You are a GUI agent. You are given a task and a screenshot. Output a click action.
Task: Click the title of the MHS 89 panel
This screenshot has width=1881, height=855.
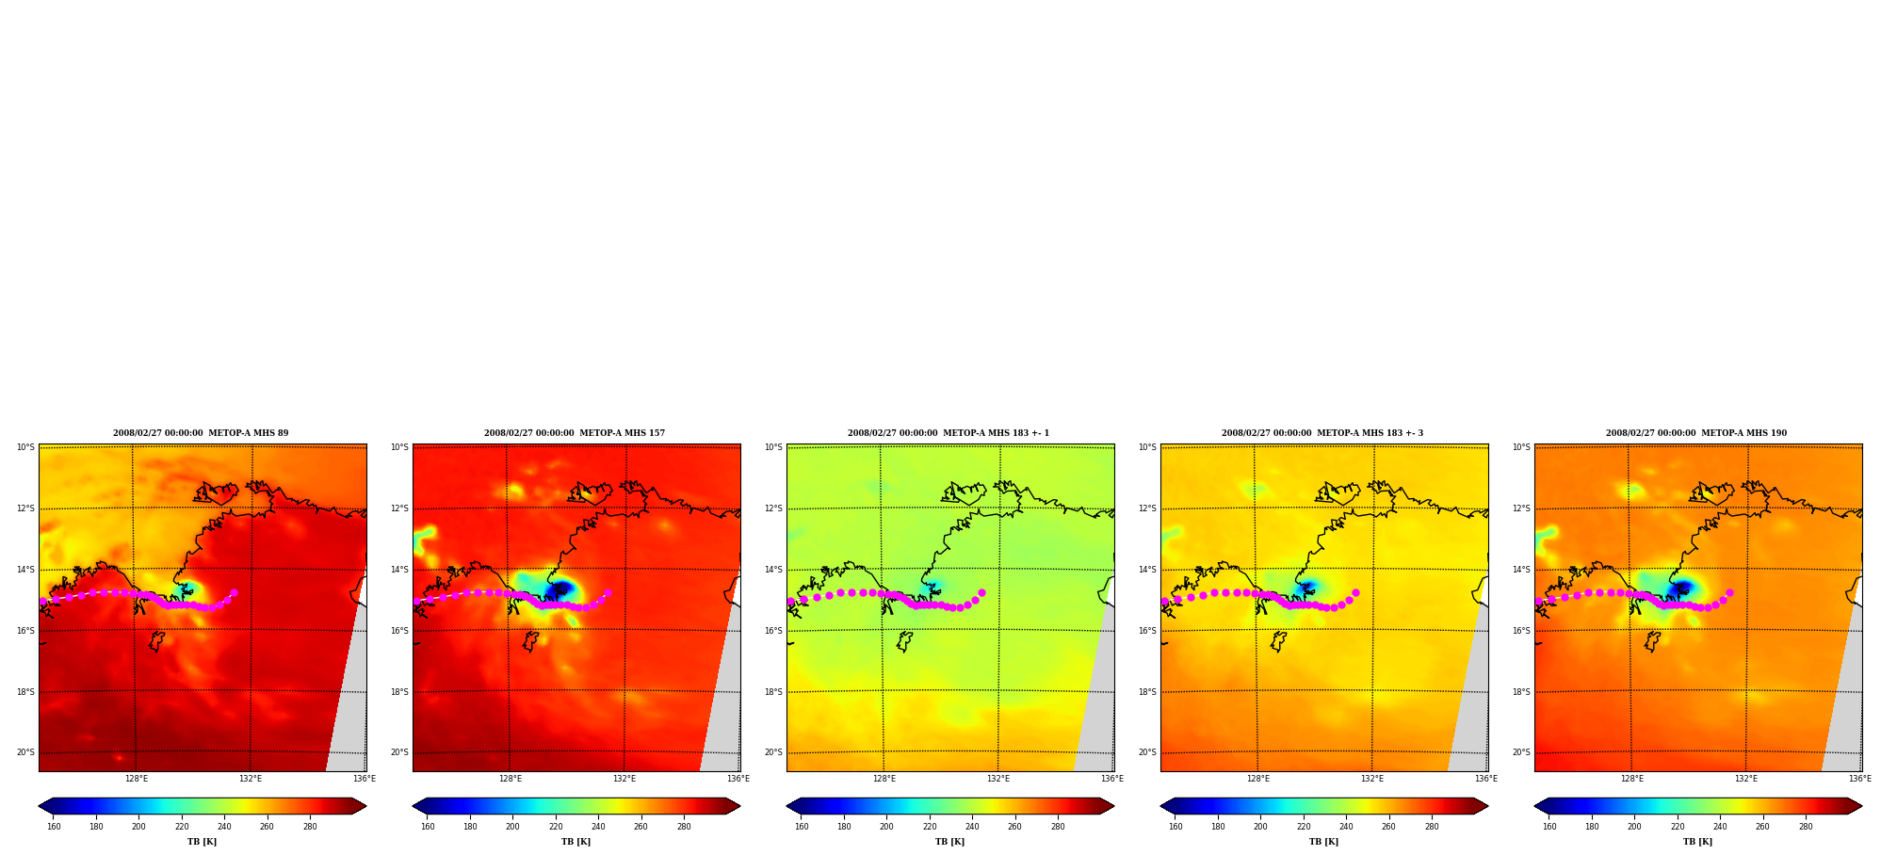[x=201, y=433]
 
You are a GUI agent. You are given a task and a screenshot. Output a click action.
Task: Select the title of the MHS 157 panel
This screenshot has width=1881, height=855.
[x=575, y=433]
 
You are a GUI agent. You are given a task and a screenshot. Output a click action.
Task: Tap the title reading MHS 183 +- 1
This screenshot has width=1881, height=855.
[x=949, y=433]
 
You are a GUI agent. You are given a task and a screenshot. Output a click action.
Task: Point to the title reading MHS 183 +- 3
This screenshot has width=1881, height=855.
[x=1322, y=433]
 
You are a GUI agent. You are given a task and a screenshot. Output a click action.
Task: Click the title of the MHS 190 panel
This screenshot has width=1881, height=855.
[x=1696, y=433]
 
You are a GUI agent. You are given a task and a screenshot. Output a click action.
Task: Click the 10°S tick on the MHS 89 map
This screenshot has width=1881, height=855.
[x=25, y=447]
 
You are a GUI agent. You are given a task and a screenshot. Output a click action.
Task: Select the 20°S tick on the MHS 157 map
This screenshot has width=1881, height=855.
[x=399, y=752]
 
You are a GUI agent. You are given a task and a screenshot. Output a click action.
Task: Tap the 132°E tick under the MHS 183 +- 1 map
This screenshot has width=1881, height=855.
[x=997, y=779]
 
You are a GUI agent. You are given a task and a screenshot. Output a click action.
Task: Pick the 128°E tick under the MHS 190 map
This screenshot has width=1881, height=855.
[x=1631, y=779]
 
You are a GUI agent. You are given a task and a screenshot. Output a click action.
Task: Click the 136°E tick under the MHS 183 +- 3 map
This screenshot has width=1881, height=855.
[x=1485, y=779]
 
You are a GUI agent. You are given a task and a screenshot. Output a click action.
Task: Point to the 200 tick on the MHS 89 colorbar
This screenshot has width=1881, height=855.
[x=138, y=827]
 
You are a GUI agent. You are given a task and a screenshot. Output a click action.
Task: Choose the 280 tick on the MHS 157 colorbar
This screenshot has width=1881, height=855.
[x=684, y=827]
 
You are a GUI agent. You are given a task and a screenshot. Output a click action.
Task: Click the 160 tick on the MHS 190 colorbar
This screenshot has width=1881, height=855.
[x=1549, y=827]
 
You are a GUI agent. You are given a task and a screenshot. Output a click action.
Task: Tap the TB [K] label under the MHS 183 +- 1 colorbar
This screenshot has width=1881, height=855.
[x=949, y=842]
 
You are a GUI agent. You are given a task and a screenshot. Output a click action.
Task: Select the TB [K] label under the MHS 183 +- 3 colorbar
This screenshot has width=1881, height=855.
[x=1323, y=842]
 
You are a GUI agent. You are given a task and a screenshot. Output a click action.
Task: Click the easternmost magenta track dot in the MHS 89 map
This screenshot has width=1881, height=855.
[x=234, y=593]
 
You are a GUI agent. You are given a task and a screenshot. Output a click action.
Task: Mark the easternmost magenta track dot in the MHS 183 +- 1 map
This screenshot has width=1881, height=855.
[x=981, y=593]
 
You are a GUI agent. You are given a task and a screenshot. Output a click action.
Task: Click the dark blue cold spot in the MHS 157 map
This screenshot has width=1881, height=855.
[x=561, y=589]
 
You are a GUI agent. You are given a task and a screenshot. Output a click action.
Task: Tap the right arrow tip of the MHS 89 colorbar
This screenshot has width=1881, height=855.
[x=365, y=806]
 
